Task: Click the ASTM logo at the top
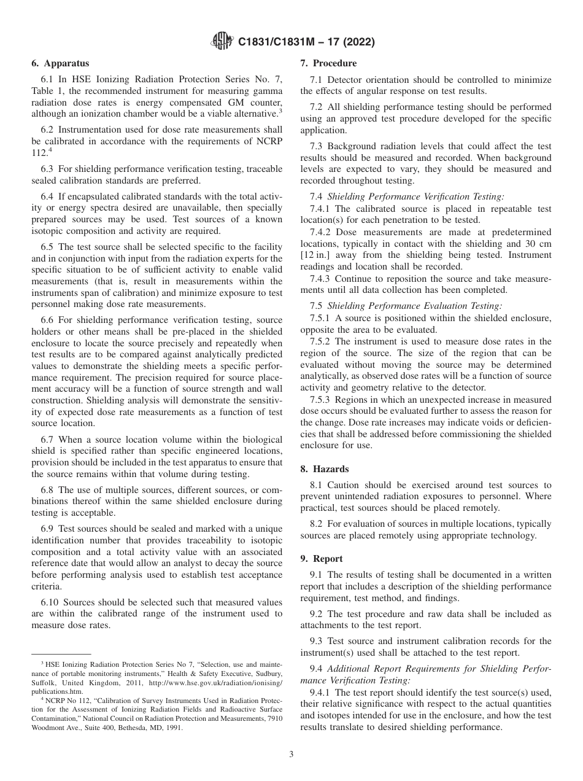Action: [222, 42]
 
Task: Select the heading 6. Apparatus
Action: [60, 63]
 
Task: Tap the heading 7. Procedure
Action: [328, 63]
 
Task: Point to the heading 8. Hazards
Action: [324, 469]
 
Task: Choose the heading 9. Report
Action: [322, 559]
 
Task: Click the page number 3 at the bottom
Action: [291, 754]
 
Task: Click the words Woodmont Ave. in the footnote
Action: [54, 728]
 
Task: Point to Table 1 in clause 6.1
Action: [44, 91]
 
